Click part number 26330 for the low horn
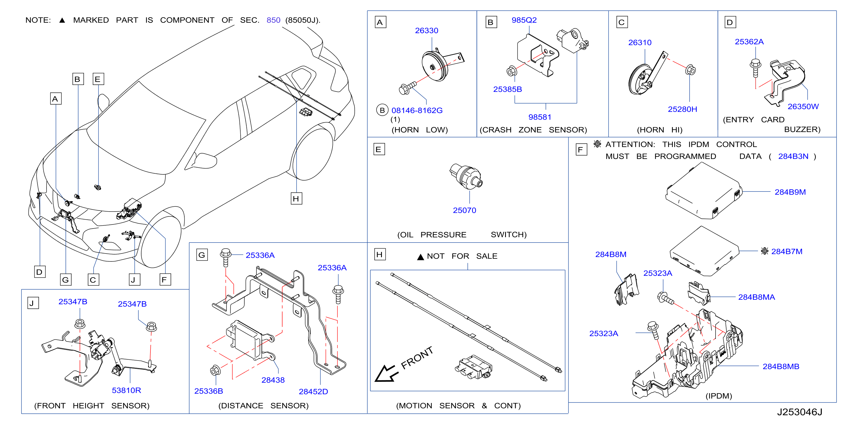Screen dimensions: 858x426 click(x=426, y=31)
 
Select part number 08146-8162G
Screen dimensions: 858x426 click(x=417, y=111)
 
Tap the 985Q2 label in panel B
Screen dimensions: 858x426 click(x=524, y=20)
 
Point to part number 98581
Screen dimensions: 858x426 click(x=540, y=117)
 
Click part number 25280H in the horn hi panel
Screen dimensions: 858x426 click(x=682, y=109)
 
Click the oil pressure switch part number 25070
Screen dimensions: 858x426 click(x=464, y=210)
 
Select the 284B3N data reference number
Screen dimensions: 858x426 click(x=793, y=156)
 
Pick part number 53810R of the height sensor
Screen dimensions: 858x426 click(x=126, y=390)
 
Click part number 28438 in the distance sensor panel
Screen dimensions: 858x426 click(x=273, y=380)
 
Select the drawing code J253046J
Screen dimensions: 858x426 click(x=800, y=412)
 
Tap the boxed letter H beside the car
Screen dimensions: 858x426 click(x=296, y=199)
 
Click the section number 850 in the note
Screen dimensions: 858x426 click(x=273, y=20)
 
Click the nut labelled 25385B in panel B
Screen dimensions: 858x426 click(x=511, y=71)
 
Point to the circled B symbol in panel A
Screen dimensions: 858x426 click(x=382, y=110)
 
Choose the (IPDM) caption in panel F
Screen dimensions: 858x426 click(x=719, y=396)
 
